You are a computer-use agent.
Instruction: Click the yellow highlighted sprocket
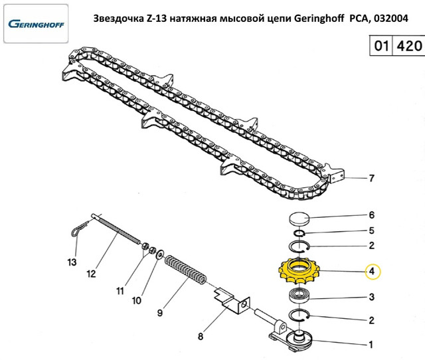pyautogui.click(x=301, y=272)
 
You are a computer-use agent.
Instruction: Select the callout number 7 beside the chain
pyautogui.click(x=372, y=178)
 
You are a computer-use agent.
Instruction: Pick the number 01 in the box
pyautogui.click(x=381, y=48)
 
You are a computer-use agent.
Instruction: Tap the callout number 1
pyautogui.click(x=372, y=345)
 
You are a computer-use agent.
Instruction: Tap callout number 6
pyautogui.click(x=372, y=215)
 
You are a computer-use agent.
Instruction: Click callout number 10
pyautogui.click(x=137, y=300)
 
